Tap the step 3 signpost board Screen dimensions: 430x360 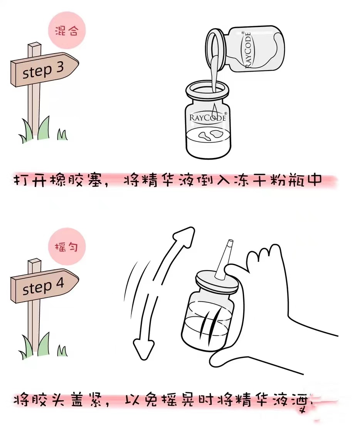pyautogui.click(x=43, y=70)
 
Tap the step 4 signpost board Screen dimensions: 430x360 pyautogui.click(x=43, y=286)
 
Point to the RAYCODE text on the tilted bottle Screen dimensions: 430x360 pyautogui.click(x=248, y=50)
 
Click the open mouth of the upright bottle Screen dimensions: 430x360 pyautogui.click(x=207, y=89)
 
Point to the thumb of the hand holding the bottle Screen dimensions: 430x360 pyautogui.click(x=234, y=270)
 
